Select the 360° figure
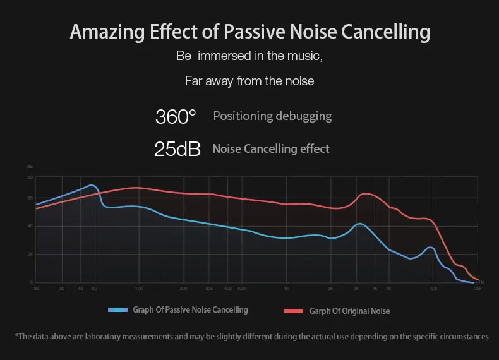(x=176, y=117)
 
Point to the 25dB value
(x=177, y=149)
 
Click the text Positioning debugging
(x=272, y=116)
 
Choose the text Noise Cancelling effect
(x=271, y=149)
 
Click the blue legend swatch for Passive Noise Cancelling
(x=118, y=310)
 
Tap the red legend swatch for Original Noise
(x=294, y=311)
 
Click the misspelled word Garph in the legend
(x=319, y=311)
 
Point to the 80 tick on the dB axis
(x=30, y=178)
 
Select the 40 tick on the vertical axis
(x=30, y=226)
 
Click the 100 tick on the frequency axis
(x=138, y=288)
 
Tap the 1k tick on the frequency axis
(x=286, y=288)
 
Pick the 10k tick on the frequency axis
(x=433, y=288)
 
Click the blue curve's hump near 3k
(x=359, y=224)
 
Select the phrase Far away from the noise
(x=249, y=81)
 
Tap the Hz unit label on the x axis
(x=482, y=282)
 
